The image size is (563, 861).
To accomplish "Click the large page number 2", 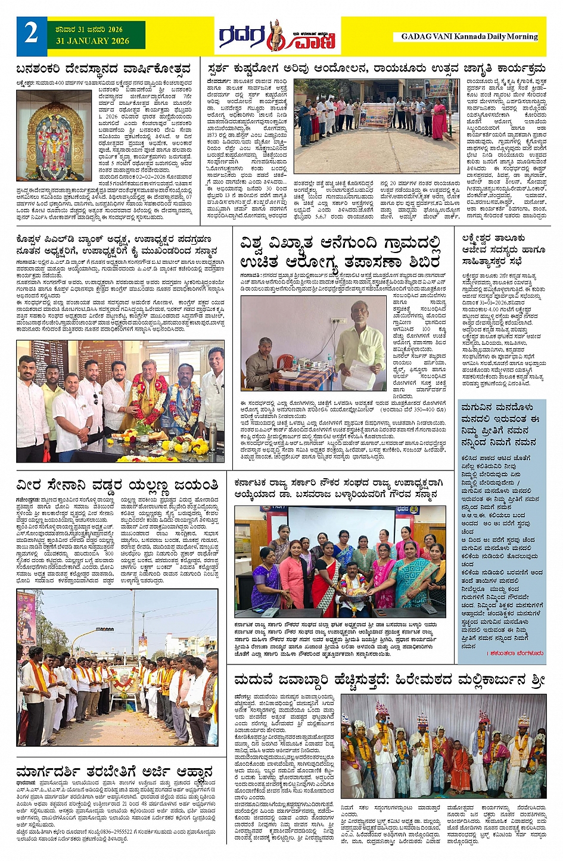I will pos(32,33).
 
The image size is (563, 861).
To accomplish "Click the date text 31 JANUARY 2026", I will pos(92,41).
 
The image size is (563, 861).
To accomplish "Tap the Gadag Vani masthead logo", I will pos(277,37).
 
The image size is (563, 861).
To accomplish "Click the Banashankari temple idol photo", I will pos(54,136).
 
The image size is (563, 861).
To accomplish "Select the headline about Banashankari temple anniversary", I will pos(104,68).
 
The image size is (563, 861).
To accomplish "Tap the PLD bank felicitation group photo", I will pos(120,401).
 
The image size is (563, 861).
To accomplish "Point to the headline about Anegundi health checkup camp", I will pos(340,252).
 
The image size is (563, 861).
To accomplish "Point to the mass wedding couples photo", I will pos(443,747).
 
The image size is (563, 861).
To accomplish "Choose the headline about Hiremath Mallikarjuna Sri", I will pos(389,679).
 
